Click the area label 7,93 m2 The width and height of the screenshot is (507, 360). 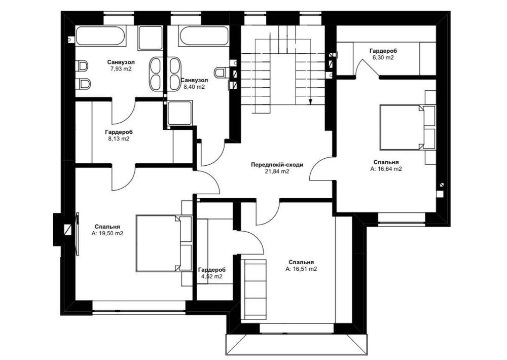click(x=121, y=68)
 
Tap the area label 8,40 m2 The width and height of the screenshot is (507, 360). click(x=194, y=87)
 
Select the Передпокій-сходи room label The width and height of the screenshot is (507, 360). click(x=277, y=165)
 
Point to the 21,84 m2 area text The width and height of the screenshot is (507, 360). click(x=277, y=171)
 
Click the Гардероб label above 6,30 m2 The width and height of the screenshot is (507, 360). click(x=383, y=51)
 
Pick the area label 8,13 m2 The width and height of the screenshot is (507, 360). click(x=119, y=139)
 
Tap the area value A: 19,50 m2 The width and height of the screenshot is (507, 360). click(x=107, y=233)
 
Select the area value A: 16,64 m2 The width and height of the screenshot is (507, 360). click(x=386, y=168)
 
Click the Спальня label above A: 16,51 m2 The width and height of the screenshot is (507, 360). click(x=301, y=262)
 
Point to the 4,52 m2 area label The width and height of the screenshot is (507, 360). click(x=212, y=276)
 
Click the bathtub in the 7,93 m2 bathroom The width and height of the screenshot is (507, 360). click(x=100, y=35)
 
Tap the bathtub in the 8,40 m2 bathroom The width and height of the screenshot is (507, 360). click(x=204, y=35)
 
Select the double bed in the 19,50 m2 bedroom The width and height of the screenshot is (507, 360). click(x=158, y=243)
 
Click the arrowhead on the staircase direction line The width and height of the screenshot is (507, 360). click(x=310, y=102)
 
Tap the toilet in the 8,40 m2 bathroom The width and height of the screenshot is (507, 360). click(x=222, y=73)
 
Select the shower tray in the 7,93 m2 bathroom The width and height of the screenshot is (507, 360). click(x=151, y=38)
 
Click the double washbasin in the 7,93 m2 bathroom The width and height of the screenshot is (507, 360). click(x=157, y=74)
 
